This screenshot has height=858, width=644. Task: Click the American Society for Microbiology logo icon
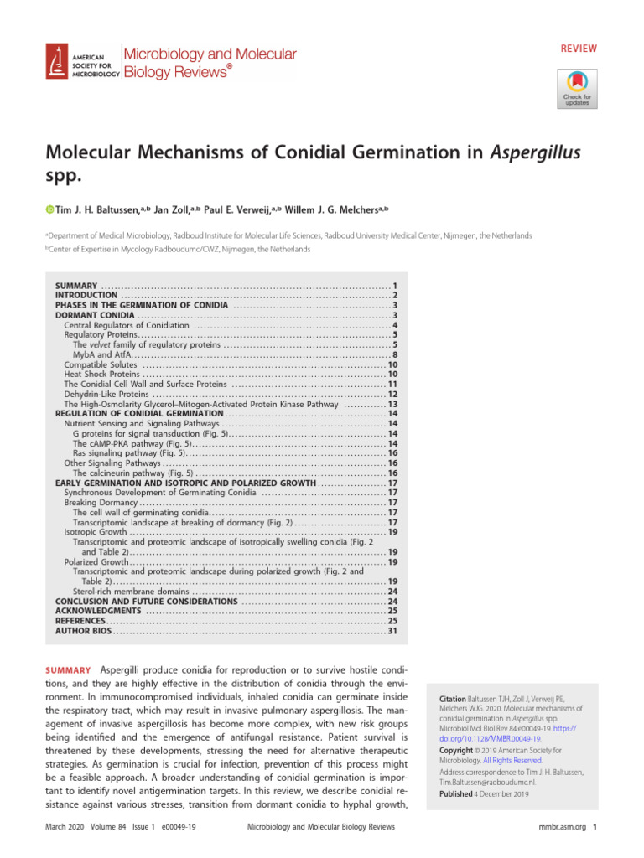(57, 63)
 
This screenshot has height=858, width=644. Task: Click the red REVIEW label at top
(579, 49)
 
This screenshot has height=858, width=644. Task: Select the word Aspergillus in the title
(530, 154)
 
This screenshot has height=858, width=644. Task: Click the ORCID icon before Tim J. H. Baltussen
(49, 209)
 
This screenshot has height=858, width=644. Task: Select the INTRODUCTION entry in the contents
(86, 296)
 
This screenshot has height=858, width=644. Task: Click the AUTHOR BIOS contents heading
(83, 631)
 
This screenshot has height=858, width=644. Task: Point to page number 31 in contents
(392, 631)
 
